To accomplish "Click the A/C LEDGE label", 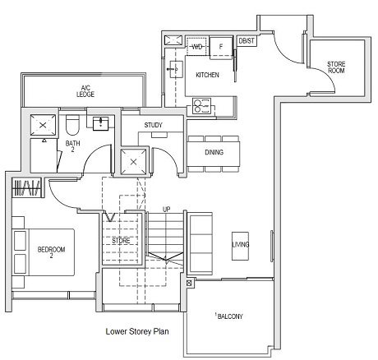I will (x=85, y=90).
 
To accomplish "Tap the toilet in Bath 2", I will (x=72, y=126).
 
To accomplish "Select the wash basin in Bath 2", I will (x=102, y=124).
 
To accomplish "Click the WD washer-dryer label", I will (x=197, y=47).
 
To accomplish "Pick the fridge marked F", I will (x=221, y=47).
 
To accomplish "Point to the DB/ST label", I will (x=246, y=40).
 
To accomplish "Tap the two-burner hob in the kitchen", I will (x=200, y=104).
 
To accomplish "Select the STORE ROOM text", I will (x=337, y=67).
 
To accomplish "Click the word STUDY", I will (x=154, y=126).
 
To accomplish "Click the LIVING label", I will (x=241, y=244).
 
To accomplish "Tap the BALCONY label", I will (x=228, y=316).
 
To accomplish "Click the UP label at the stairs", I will (x=167, y=209).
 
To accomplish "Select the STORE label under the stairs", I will (x=121, y=241).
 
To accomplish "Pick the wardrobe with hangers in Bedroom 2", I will (x=27, y=188).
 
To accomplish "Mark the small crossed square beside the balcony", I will (x=191, y=284).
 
